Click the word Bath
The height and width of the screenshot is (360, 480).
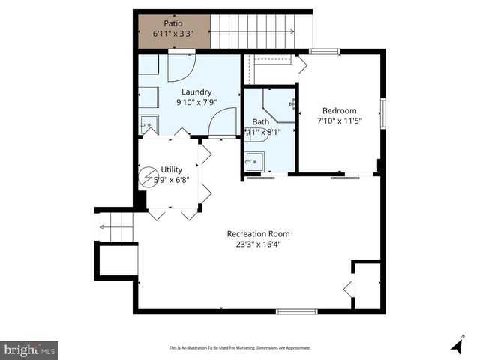click(260, 121)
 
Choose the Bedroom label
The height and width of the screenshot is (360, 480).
click(339, 109)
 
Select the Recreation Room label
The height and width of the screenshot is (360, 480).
click(258, 233)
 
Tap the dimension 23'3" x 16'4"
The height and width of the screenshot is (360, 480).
click(258, 244)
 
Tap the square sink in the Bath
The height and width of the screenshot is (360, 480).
click(254, 160)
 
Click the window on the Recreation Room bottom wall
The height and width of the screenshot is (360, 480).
click(296, 310)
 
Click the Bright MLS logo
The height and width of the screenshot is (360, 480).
click(30, 349)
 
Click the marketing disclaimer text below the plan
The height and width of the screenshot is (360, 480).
click(239, 348)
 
